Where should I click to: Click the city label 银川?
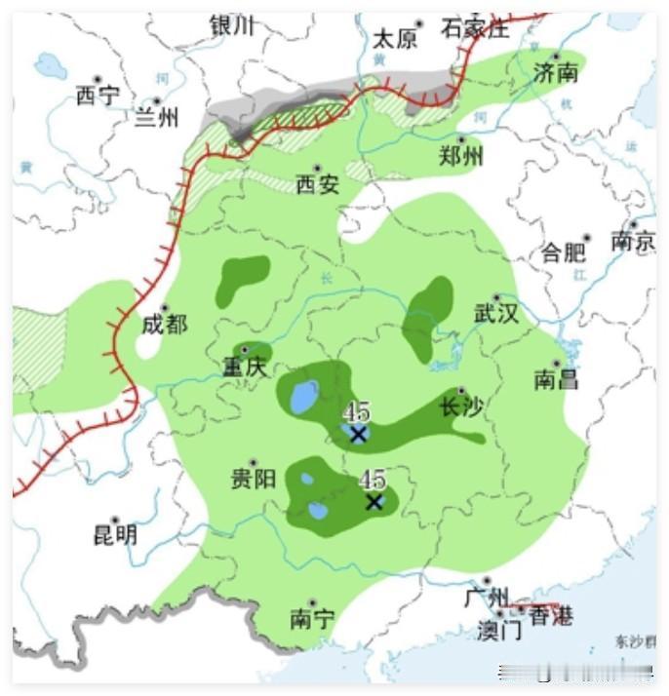tap(231, 26)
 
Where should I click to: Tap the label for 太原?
tap(395, 38)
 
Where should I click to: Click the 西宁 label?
tap(98, 96)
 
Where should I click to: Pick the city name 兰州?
tap(157, 117)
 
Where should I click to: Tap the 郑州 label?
tap(462, 155)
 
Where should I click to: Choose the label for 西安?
tap(318, 183)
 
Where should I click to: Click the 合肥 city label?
tap(564, 252)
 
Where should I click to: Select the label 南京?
tap(633, 241)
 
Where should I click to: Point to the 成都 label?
tap(164, 325)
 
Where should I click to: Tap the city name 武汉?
tap(496, 314)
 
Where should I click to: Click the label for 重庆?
tap(244, 367)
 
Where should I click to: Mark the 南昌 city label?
tap(556, 378)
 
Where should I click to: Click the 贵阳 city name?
tap(253, 479)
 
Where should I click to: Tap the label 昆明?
tap(115, 534)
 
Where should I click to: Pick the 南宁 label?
tap(312, 619)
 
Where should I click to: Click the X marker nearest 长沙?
tap(358, 434)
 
